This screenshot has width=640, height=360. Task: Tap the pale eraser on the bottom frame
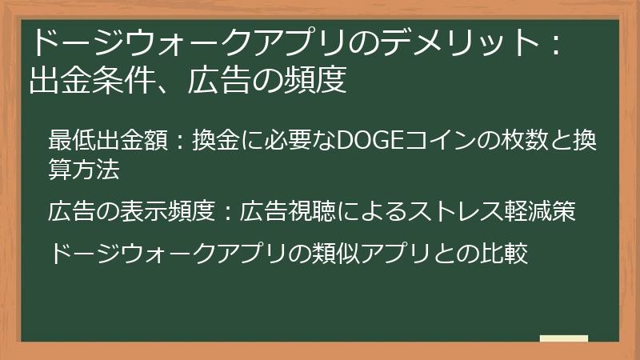[x=563, y=339]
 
